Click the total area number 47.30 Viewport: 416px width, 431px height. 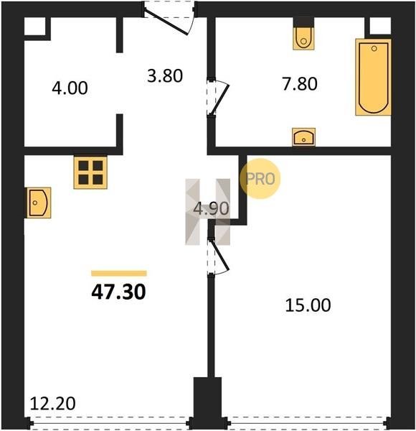point(118,292)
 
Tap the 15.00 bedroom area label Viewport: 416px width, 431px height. point(308,305)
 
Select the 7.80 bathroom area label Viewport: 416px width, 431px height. point(300,84)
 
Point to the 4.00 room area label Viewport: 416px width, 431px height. point(70,88)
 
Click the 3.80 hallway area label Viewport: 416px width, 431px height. point(165,76)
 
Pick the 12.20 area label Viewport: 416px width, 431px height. point(52,404)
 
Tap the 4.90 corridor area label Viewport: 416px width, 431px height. point(211,208)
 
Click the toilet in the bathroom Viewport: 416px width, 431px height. point(303,38)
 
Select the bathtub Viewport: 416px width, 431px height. point(373,77)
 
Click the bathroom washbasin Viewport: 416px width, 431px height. point(303,137)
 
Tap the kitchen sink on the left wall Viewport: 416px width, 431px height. point(39,203)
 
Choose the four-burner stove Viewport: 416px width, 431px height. point(90,172)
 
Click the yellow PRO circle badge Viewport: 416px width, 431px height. point(260,179)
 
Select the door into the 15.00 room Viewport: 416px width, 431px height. point(219,254)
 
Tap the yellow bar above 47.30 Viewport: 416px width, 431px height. point(119,273)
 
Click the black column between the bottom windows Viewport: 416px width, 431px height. point(207,403)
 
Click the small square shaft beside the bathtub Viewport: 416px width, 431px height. point(380,26)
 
